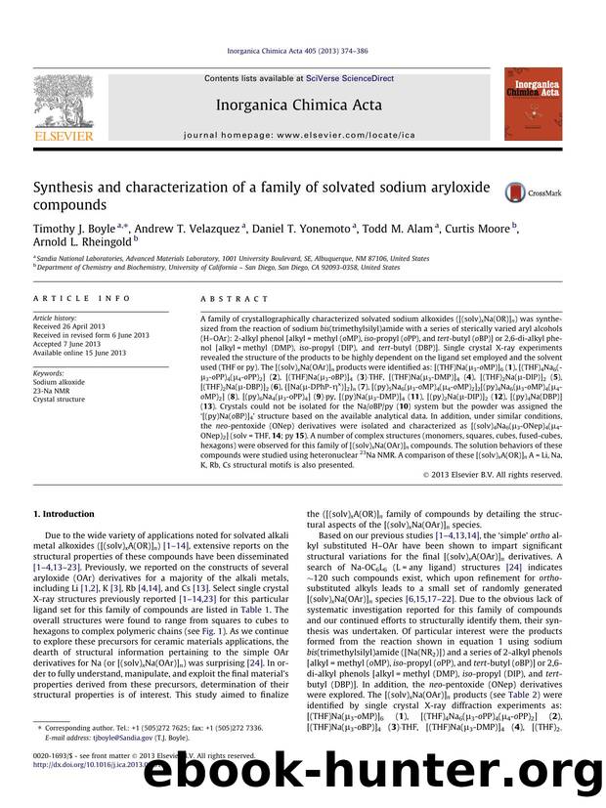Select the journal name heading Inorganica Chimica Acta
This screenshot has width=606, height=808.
click(302, 104)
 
